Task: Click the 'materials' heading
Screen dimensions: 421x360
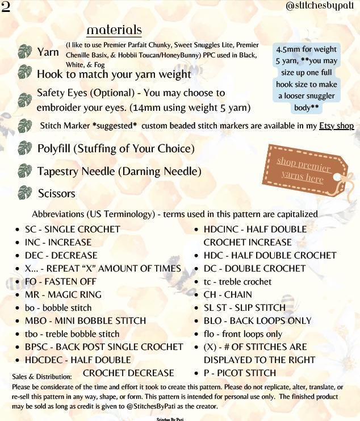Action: (x=114, y=30)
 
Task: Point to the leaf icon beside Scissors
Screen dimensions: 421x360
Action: (x=24, y=192)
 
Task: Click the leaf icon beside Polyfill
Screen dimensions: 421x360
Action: (x=24, y=148)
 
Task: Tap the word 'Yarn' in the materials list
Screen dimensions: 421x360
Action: (x=48, y=52)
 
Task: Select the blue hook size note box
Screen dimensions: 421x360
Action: (x=306, y=73)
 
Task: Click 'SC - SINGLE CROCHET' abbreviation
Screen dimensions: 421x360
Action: (x=72, y=229)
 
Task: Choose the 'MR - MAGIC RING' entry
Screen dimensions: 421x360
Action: (x=63, y=294)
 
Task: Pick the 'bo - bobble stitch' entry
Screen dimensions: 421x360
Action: (x=58, y=307)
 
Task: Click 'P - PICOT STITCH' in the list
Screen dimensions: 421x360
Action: (x=240, y=373)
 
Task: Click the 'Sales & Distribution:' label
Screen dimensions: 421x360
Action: (x=41, y=376)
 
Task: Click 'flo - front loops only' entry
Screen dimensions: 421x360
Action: (x=242, y=334)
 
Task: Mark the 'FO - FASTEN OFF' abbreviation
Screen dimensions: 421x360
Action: (x=60, y=281)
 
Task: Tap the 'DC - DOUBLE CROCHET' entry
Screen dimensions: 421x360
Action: (x=254, y=268)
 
